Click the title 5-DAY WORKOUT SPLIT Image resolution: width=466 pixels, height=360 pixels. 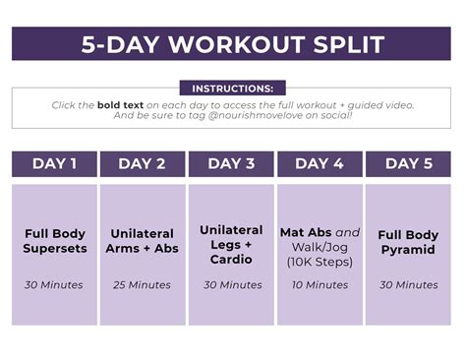(232, 45)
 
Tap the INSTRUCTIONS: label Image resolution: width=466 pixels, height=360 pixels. (232, 89)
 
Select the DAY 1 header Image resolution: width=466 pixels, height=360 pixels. (55, 164)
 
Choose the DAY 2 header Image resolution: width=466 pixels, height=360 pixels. (143, 164)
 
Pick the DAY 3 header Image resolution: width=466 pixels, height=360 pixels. (231, 164)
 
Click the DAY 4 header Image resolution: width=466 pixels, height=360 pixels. (320, 164)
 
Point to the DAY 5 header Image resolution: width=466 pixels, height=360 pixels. (408, 164)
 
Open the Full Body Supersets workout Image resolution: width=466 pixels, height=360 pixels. (55, 241)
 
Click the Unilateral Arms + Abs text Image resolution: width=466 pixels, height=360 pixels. (143, 241)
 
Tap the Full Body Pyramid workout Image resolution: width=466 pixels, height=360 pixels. (408, 242)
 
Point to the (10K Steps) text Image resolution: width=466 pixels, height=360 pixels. (320, 262)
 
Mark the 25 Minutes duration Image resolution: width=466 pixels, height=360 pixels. (143, 285)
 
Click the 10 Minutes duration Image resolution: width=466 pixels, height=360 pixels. (320, 285)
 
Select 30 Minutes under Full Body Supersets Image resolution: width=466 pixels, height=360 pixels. (55, 285)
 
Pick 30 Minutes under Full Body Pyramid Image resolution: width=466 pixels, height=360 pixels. (408, 285)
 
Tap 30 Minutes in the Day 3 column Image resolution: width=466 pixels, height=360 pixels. (231, 285)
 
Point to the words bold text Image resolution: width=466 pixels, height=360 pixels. (121, 104)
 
